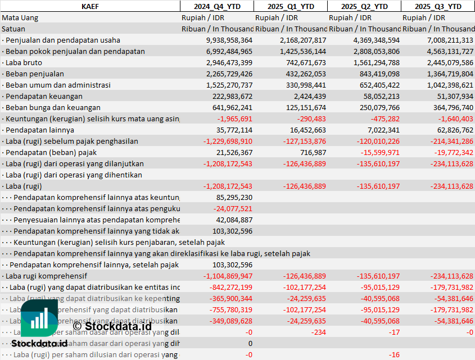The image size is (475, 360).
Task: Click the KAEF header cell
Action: click(x=90, y=6)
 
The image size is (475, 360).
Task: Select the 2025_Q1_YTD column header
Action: click(x=290, y=6)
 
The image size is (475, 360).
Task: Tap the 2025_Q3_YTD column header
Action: click(x=438, y=6)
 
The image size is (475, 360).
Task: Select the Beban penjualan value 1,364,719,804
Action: click(x=444, y=74)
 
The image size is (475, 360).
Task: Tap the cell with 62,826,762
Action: click(x=450, y=130)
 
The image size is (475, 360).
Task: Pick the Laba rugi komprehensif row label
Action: click(x=46, y=276)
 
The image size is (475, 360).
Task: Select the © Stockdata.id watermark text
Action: click(x=112, y=325)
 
